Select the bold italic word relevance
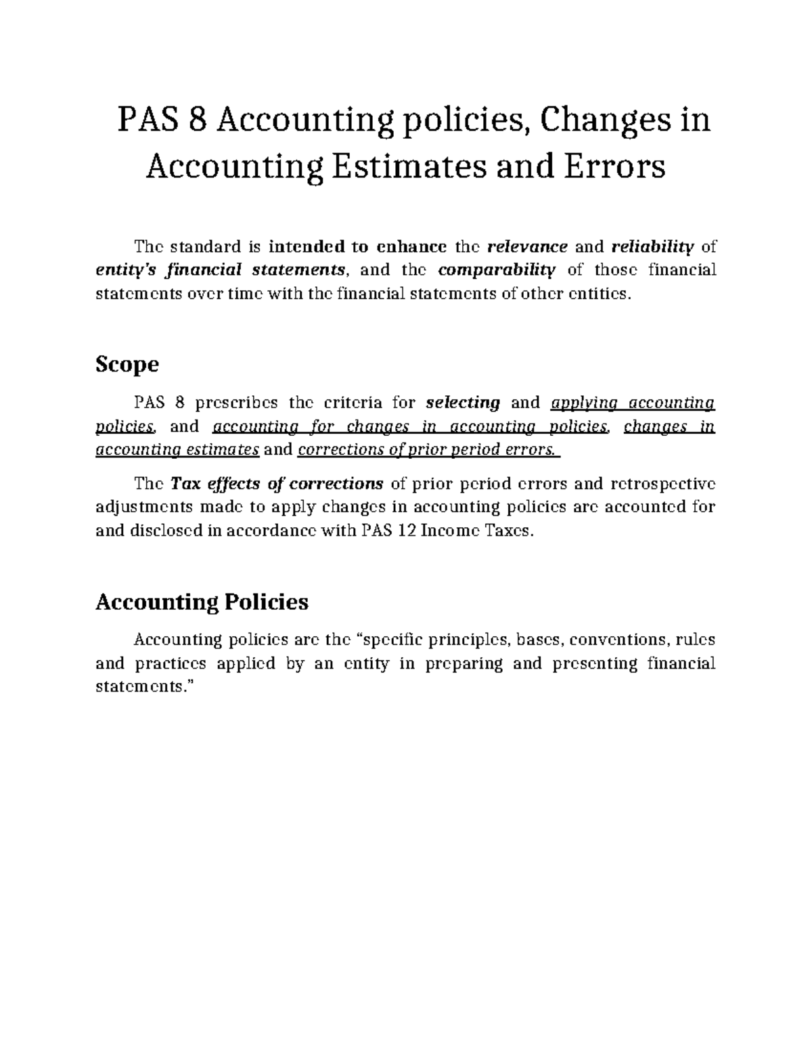(528, 246)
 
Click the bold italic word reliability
(653, 246)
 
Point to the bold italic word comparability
(497, 270)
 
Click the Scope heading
(127, 365)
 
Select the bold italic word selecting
(463, 403)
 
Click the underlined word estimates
(223, 450)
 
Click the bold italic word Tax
(183, 484)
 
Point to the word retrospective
(662, 484)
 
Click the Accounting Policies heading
(202, 602)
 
